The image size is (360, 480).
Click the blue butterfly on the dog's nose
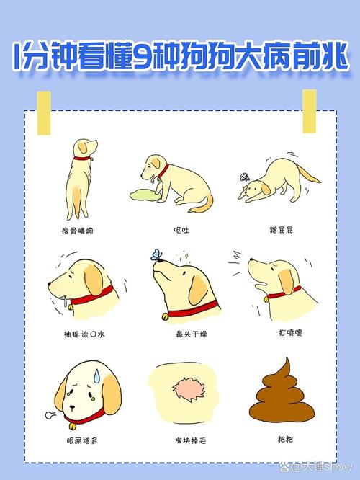[156, 253]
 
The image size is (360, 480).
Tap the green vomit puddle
[145, 192]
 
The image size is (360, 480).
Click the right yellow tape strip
[309, 111]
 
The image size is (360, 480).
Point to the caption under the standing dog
[80, 230]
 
